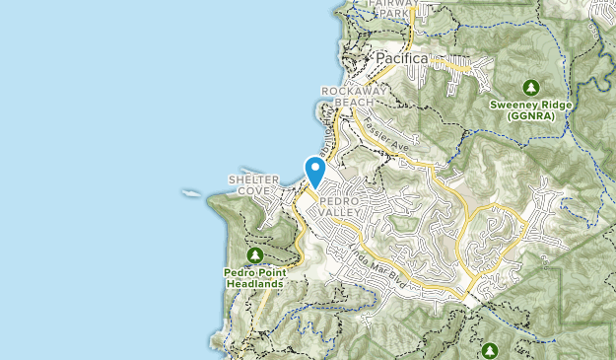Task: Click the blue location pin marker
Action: (x=315, y=172)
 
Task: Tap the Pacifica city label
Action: (x=401, y=59)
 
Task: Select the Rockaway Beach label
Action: (x=349, y=96)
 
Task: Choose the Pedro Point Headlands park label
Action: (x=254, y=277)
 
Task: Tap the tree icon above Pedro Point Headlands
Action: (x=255, y=254)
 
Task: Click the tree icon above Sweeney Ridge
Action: (x=532, y=87)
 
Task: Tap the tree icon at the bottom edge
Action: (x=490, y=350)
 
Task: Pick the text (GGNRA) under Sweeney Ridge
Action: (x=532, y=116)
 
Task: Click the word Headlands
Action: (x=254, y=283)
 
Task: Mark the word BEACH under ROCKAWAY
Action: (x=349, y=102)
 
